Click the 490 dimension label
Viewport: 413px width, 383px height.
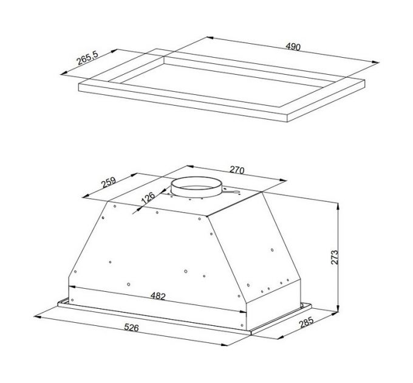click(x=293, y=47)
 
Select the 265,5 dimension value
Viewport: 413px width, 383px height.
click(x=87, y=58)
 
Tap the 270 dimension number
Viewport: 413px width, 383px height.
click(x=237, y=170)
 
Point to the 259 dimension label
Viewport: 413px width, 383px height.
click(x=109, y=182)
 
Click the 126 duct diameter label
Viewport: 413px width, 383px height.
click(x=148, y=198)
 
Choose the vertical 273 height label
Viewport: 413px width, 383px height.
click(x=334, y=257)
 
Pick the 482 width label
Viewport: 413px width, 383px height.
click(x=158, y=296)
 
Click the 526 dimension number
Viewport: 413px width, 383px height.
click(x=131, y=328)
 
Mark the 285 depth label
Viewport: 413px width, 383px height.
click(x=307, y=322)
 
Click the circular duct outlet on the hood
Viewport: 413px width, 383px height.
click(x=196, y=187)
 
